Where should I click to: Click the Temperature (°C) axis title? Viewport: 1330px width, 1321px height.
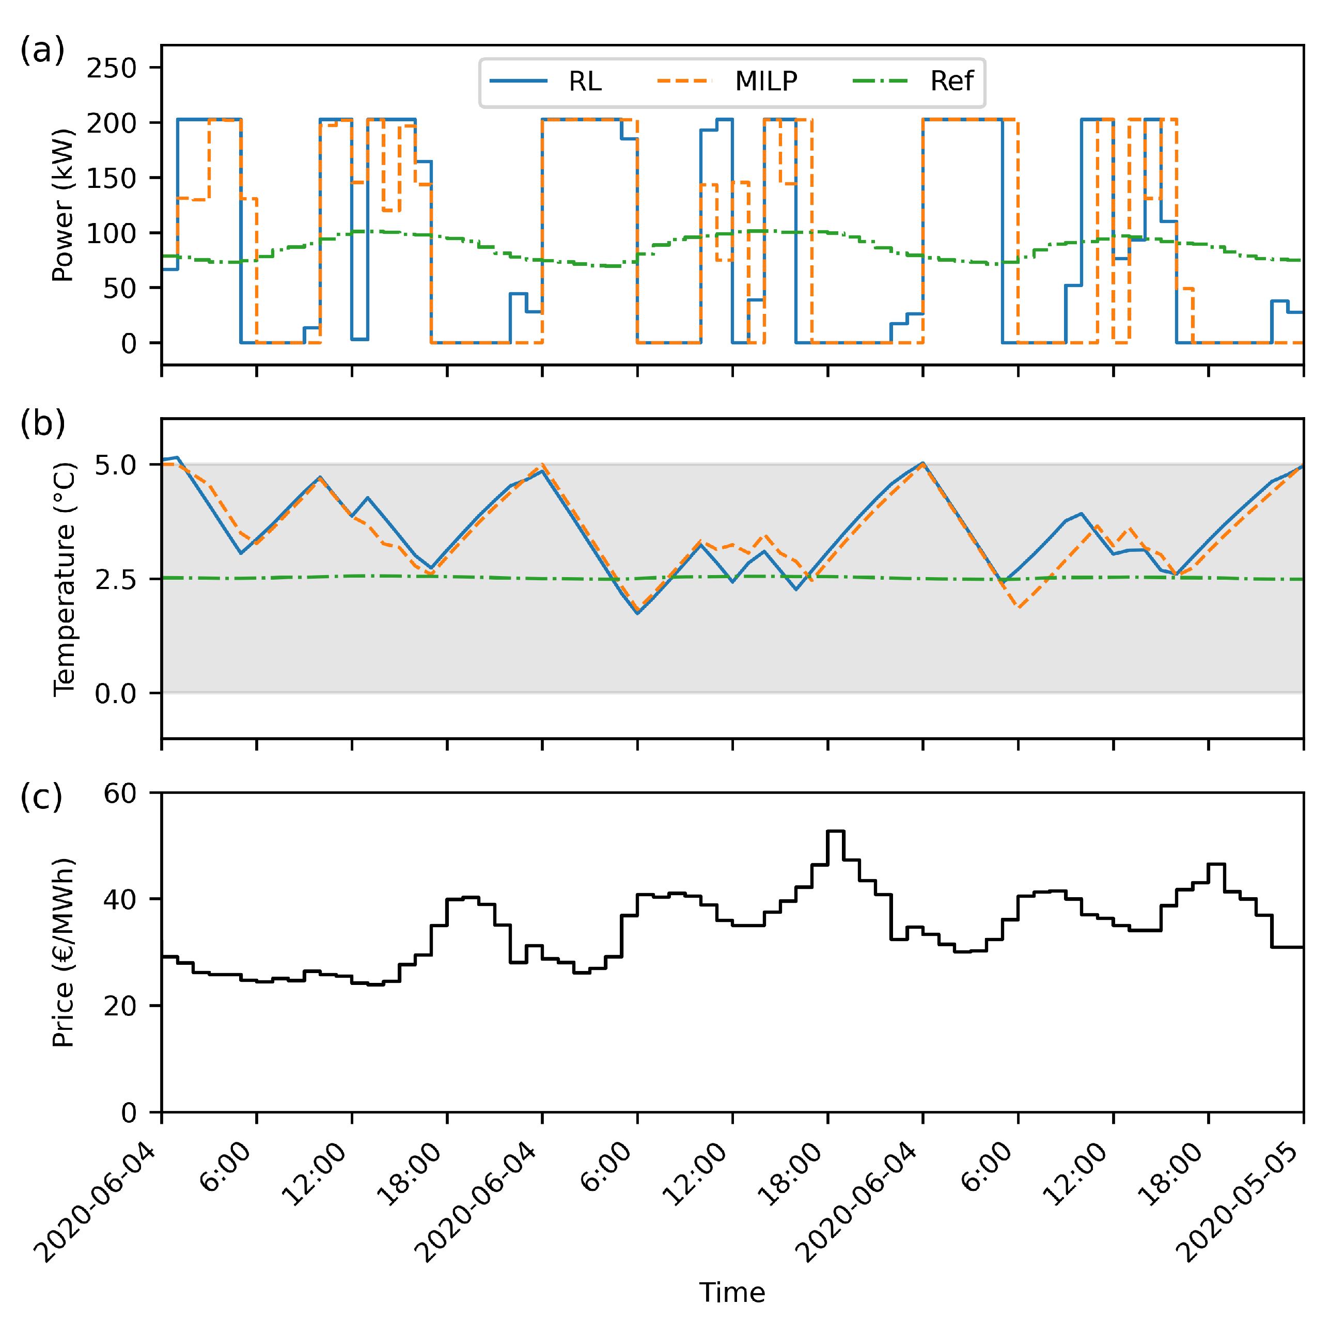64,579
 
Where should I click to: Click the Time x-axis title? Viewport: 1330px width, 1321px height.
732,1293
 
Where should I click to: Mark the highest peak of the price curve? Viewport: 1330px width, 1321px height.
835,832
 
